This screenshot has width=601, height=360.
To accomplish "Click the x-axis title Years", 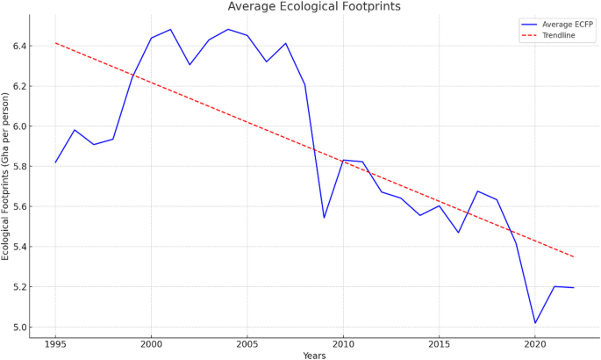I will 314,356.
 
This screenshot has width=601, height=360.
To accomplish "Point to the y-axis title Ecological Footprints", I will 6,176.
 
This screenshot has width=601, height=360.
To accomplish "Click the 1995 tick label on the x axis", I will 55,343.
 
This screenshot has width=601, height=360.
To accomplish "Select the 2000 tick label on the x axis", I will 151,343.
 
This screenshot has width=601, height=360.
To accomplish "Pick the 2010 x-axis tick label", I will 343,343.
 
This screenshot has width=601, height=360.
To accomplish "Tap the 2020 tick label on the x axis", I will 534,343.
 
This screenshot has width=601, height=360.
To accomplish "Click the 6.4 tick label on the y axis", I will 18,46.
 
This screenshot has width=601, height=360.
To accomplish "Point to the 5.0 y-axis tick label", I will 18,328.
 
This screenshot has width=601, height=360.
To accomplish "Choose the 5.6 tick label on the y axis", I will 18,207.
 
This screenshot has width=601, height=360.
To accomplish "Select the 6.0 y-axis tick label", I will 18,126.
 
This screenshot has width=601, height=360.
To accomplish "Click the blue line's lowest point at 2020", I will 534,323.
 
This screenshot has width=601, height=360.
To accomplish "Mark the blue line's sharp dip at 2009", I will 324,218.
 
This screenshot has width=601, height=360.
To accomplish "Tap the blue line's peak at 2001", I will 170,30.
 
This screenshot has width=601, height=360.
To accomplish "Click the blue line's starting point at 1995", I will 55,162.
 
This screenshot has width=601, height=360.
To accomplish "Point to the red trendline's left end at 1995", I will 55,43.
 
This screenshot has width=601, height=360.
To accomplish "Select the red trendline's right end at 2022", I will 573,256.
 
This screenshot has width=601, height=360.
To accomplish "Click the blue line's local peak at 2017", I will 477,191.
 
